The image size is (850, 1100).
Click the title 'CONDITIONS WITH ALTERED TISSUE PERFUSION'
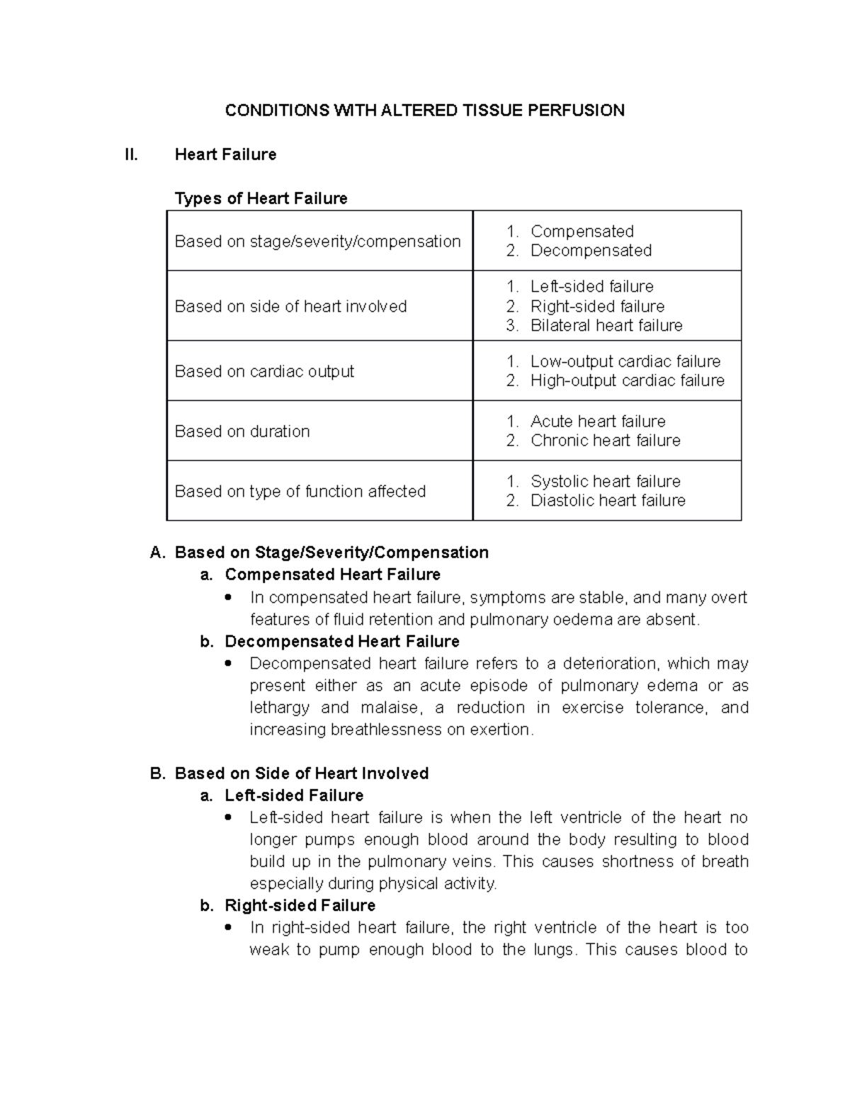pyautogui.click(x=424, y=110)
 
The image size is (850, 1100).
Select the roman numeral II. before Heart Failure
pyautogui.click(x=131, y=155)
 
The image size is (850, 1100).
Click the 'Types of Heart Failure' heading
pyautogui.click(x=261, y=199)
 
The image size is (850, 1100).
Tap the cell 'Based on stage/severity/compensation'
pyautogui.click(x=317, y=242)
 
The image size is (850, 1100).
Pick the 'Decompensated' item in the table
pyautogui.click(x=591, y=251)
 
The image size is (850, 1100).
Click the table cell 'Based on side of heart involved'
pyautogui.click(x=290, y=307)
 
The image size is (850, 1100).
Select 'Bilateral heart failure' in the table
pyautogui.click(x=606, y=326)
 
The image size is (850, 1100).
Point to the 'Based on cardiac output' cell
pyautogui.click(x=264, y=372)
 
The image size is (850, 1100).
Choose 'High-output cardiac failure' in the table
pyautogui.click(x=627, y=381)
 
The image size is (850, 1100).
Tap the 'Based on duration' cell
pyautogui.click(x=242, y=432)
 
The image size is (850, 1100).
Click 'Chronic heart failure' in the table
pyautogui.click(x=605, y=441)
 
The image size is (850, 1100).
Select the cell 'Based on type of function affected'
pyautogui.click(x=300, y=492)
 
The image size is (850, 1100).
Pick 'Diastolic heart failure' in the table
pyautogui.click(x=608, y=501)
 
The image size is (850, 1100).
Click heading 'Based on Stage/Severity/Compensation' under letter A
pyautogui.click(x=331, y=552)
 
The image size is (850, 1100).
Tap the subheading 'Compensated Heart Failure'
pyautogui.click(x=332, y=574)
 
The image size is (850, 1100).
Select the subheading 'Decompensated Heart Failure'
pyautogui.click(x=341, y=642)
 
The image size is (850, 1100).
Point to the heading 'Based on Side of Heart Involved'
pyautogui.click(x=302, y=773)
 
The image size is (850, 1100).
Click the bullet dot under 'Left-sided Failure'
pyautogui.click(x=228, y=817)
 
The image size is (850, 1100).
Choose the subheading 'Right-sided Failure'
pyautogui.click(x=300, y=906)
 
